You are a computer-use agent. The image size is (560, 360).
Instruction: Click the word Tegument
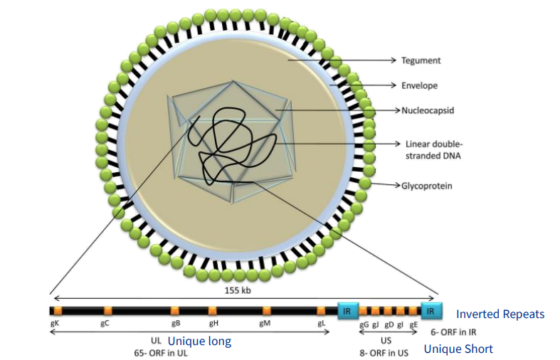click(421, 61)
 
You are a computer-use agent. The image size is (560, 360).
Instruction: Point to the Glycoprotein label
click(426, 186)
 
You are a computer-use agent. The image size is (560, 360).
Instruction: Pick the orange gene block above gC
click(108, 311)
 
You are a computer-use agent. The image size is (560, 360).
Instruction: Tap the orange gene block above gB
click(175, 311)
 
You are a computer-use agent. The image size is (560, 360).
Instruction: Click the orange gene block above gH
click(213, 311)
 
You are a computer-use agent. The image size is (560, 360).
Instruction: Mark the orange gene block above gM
click(267, 311)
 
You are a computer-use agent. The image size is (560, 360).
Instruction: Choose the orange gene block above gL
click(322, 311)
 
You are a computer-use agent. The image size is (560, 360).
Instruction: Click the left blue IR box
click(347, 311)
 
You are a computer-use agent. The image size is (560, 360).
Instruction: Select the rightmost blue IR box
click(431, 311)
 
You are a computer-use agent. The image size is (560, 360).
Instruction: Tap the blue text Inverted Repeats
click(500, 314)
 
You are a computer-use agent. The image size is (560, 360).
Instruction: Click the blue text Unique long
click(199, 342)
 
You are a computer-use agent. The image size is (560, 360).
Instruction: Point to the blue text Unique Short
click(458, 349)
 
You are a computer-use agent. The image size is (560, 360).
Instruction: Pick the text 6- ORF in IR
click(453, 332)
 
